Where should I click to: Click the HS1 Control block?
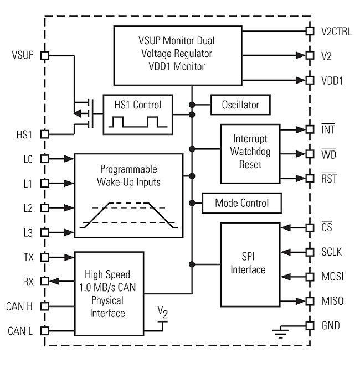click(137, 114)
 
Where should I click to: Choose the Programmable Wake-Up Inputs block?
click(129, 195)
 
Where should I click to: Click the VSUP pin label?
click(23, 55)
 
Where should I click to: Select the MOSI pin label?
click(332, 277)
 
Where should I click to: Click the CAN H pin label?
click(20, 306)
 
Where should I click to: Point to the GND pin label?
click(331, 326)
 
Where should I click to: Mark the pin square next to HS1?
click(45, 134)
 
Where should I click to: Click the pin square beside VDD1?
click(310, 80)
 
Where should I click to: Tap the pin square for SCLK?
click(310, 252)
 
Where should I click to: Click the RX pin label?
click(27, 281)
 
